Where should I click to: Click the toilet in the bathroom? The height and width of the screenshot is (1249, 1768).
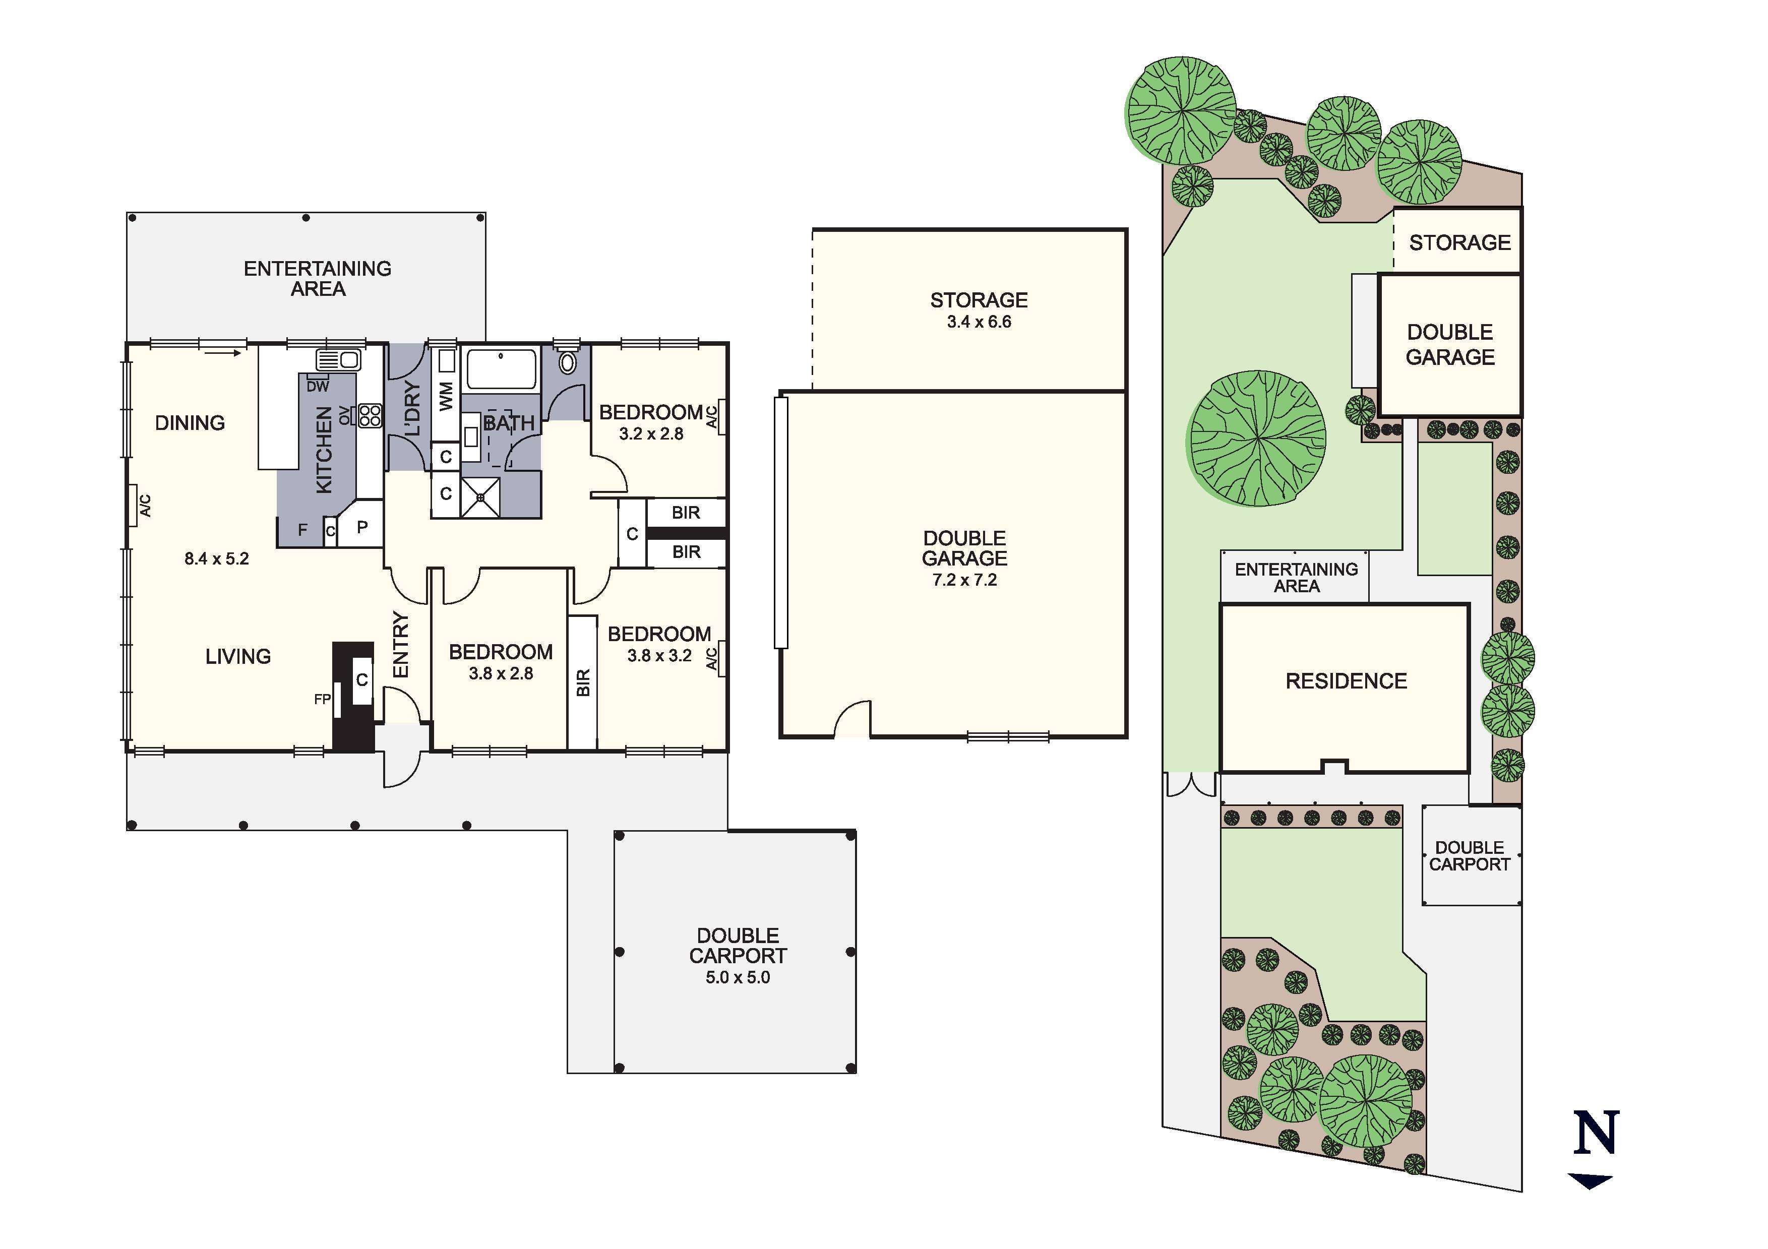click(568, 362)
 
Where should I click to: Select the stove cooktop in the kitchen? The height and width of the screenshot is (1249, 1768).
click(369, 416)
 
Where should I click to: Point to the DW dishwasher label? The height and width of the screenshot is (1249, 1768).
click(317, 387)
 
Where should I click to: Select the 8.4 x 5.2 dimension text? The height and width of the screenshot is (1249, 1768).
click(216, 559)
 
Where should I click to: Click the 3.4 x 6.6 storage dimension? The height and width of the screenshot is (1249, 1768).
click(979, 322)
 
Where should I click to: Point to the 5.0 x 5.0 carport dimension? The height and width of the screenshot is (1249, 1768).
click(738, 977)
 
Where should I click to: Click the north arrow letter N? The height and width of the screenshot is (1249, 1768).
click(1596, 1132)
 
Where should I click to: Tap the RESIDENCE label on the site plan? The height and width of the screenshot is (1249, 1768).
click(1346, 681)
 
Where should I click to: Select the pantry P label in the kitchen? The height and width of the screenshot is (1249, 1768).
click(362, 528)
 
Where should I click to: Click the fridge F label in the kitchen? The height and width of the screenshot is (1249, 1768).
click(302, 530)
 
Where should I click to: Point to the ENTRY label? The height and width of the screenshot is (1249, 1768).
click(400, 645)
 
